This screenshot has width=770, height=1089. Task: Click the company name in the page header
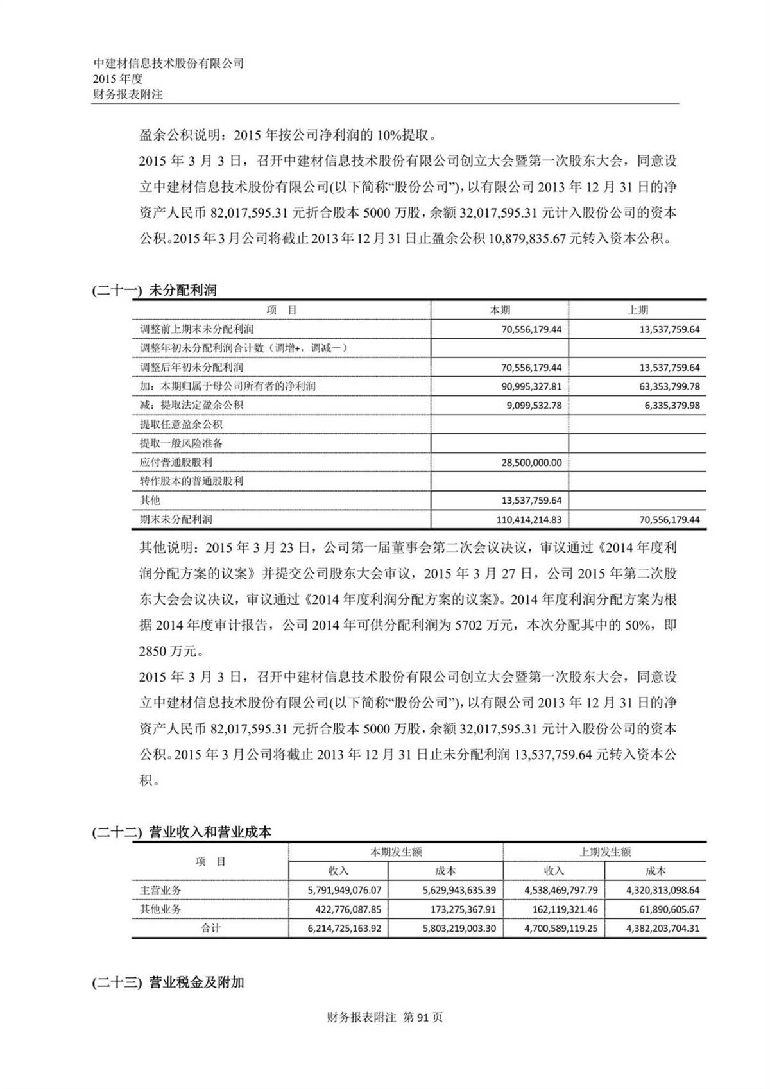pyautogui.click(x=169, y=64)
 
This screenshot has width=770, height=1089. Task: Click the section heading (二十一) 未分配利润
pyautogui.click(x=155, y=290)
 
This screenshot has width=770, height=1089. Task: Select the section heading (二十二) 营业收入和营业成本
pyautogui.click(x=182, y=832)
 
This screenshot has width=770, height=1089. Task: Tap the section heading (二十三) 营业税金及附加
pyautogui.click(x=168, y=982)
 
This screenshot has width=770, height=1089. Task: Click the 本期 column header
pyautogui.click(x=500, y=310)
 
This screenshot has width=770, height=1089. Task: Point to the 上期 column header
pyautogui.click(x=637, y=310)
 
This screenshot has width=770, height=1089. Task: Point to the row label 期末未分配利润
pyautogui.click(x=176, y=519)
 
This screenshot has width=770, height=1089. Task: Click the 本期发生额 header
pyautogui.click(x=396, y=852)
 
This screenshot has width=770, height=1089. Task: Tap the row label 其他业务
pyautogui.click(x=160, y=909)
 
